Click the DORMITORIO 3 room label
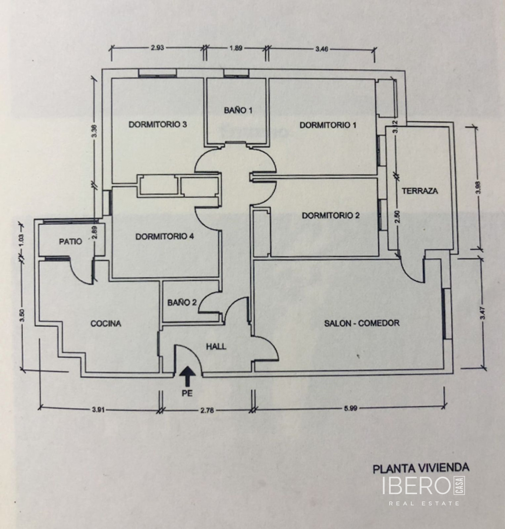(x=158, y=125)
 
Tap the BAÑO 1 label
(x=238, y=110)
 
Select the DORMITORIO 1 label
(x=328, y=125)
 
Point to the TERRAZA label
(x=420, y=191)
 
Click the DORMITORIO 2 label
(x=330, y=216)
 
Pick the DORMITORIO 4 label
(x=165, y=237)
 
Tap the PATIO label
(x=71, y=241)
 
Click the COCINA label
(x=106, y=323)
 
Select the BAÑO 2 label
(x=182, y=303)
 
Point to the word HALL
(x=216, y=346)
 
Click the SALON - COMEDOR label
(x=362, y=323)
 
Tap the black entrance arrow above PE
(x=187, y=377)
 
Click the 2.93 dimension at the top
(x=157, y=48)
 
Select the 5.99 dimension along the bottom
(x=350, y=408)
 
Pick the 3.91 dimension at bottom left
(x=99, y=410)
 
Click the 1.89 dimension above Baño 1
(x=236, y=48)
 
